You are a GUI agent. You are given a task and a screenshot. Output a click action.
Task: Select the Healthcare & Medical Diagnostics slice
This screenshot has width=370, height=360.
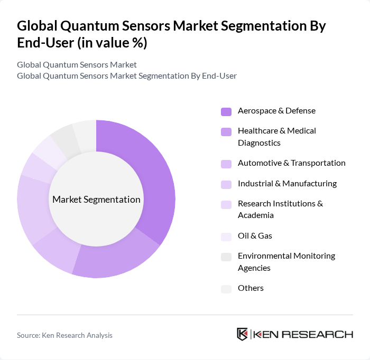[x=116, y=259]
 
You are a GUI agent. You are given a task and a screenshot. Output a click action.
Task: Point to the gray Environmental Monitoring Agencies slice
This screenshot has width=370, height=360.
[x=64, y=138]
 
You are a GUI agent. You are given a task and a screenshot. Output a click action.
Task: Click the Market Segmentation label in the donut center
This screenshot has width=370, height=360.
[x=96, y=200]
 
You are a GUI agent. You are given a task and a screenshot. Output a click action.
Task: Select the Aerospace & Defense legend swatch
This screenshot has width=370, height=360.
[x=226, y=111]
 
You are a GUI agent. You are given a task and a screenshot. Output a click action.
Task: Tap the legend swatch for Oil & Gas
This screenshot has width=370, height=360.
[x=226, y=236]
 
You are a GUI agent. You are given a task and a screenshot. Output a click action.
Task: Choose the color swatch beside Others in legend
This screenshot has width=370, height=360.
[x=226, y=288]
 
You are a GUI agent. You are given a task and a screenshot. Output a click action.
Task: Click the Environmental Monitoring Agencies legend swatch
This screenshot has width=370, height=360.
[x=226, y=256]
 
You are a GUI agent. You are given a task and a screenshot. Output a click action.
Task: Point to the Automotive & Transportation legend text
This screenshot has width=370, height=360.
[x=291, y=163]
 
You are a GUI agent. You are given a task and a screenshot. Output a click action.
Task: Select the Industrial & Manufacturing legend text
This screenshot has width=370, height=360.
[x=287, y=184]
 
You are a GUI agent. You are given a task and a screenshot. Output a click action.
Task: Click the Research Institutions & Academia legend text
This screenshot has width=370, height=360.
[x=280, y=209]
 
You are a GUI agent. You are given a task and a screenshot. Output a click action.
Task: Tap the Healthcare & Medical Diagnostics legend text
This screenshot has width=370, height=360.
[x=276, y=136]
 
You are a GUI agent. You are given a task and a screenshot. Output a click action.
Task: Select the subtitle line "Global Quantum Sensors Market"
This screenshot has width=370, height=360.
[x=77, y=64]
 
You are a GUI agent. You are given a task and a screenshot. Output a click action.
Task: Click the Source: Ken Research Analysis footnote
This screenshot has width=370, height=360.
[x=64, y=335]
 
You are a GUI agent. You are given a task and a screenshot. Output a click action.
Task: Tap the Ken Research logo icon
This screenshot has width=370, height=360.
[x=243, y=335]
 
